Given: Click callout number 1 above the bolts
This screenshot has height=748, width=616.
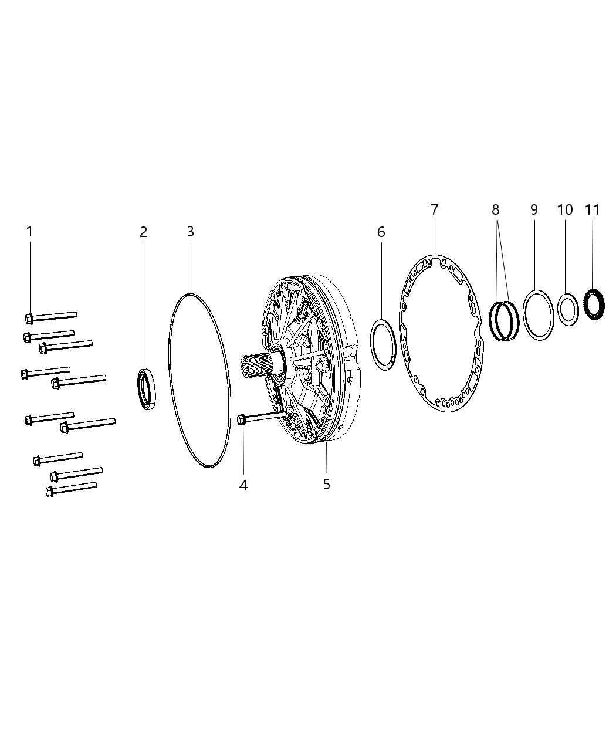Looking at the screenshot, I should pyautogui.click(x=29, y=232).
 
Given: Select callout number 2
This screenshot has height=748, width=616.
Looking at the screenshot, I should pyautogui.click(x=143, y=232).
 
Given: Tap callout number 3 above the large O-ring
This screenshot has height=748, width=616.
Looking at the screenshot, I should pyautogui.click(x=190, y=231).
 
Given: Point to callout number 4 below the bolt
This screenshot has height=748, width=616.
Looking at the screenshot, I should pyautogui.click(x=243, y=485).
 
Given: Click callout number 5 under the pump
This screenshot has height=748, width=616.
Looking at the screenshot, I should pyautogui.click(x=326, y=484).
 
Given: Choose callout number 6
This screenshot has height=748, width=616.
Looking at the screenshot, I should pyautogui.click(x=381, y=232).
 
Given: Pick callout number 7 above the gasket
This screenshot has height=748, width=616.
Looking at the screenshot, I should pyautogui.click(x=434, y=209).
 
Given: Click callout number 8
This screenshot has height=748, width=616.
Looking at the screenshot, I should pyautogui.click(x=496, y=209).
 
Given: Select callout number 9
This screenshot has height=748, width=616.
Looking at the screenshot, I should pyautogui.click(x=534, y=209).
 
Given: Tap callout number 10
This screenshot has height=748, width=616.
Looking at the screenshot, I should pyautogui.click(x=565, y=209).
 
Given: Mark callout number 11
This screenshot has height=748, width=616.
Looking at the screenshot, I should pyautogui.click(x=593, y=209).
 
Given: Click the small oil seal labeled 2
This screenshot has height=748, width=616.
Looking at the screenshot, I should pyautogui.click(x=147, y=388).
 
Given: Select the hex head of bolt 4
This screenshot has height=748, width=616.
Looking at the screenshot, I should pyautogui.click(x=241, y=419).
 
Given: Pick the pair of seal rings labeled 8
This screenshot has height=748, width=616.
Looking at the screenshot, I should pyautogui.click(x=505, y=320).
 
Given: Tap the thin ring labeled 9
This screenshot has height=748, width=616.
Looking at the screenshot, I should pyautogui.click(x=539, y=314).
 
